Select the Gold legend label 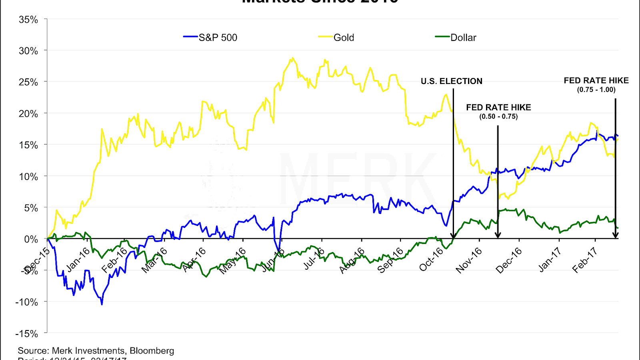[x=344, y=38]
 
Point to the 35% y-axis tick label [x=28, y=20]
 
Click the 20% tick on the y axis [x=28, y=114]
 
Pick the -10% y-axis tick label [x=27, y=302]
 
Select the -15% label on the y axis [x=27, y=334]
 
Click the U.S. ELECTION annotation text [x=451, y=81]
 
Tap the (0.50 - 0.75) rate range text [x=498, y=116]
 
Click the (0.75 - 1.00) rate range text [x=596, y=90]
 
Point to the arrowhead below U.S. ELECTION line [x=453, y=236]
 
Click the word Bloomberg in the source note [x=152, y=351]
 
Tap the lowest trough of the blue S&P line [x=102, y=304]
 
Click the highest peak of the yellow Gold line [x=292, y=58]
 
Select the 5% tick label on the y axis [x=31, y=208]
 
